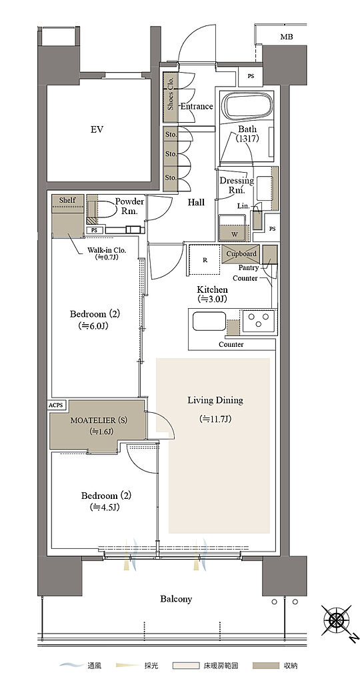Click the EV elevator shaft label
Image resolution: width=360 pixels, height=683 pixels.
[97, 129]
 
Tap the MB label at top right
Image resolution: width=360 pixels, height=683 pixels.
[287, 37]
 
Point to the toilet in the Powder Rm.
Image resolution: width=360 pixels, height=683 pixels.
[105, 208]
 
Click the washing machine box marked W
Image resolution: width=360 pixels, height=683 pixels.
[234, 228]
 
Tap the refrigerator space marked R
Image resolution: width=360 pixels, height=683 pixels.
[204, 260]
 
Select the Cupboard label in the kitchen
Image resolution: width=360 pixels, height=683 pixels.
[241, 253]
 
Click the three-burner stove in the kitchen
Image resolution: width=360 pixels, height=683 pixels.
[259, 321]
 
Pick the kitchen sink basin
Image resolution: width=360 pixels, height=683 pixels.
[209, 321]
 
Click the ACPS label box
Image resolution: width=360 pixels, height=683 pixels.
[56, 405]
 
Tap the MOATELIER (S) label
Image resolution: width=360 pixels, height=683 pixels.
[93, 420]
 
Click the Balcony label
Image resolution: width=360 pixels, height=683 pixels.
[176, 599]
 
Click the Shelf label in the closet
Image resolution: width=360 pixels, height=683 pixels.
[67, 200]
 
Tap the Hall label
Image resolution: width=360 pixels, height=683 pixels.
[196, 203]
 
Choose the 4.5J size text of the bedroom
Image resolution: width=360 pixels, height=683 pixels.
[104, 508]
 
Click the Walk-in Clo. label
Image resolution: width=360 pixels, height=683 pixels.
[107, 251]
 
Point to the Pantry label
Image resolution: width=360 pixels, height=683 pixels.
[248, 268]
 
